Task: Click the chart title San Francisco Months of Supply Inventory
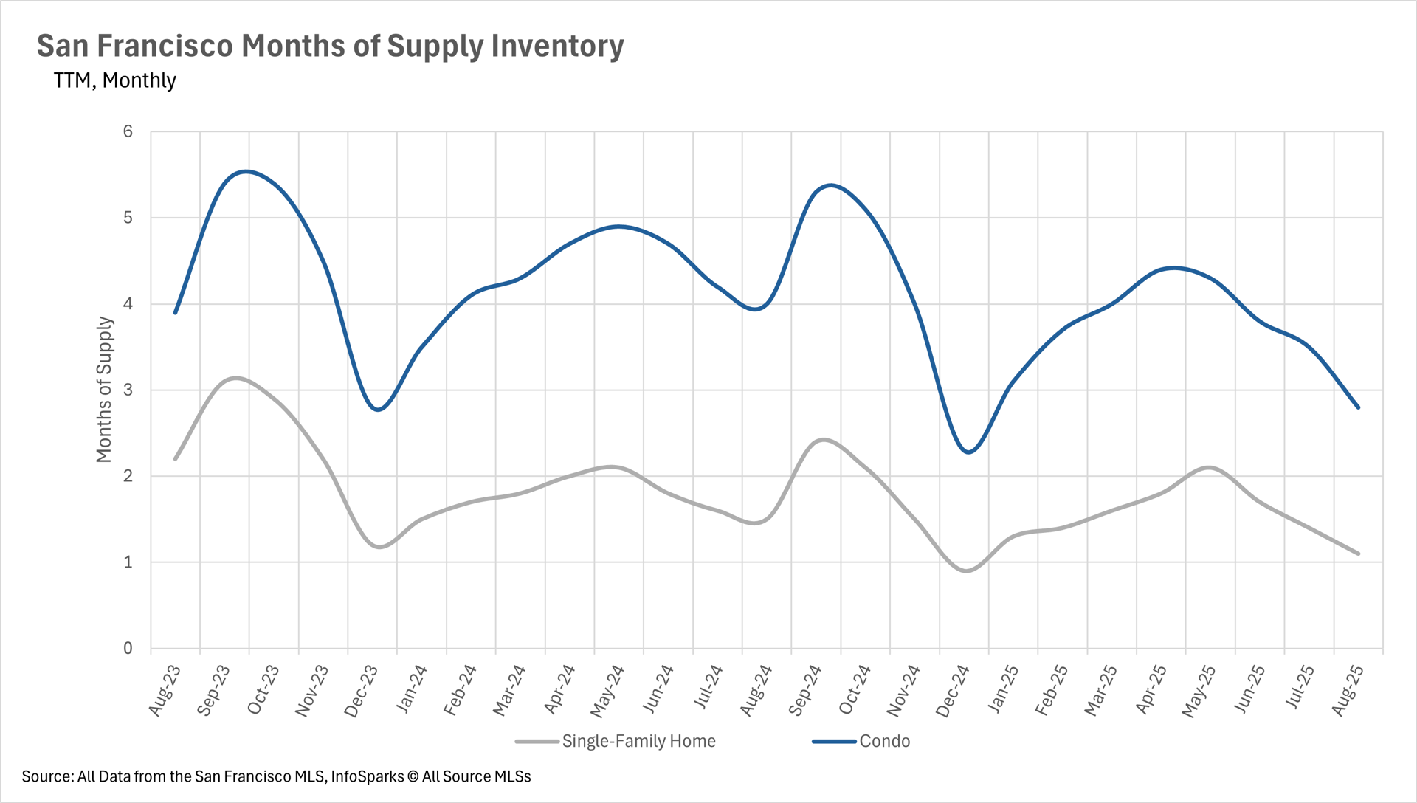tap(330, 46)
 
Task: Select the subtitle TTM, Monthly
tap(114, 80)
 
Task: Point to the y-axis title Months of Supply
tap(104, 390)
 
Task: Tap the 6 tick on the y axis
tap(128, 131)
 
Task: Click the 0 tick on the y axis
tap(128, 648)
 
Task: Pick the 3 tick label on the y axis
tap(128, 390)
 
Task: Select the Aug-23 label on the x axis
tap(165, 690)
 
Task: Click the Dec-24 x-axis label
tap(952, 691)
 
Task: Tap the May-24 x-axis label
tap(607, 691)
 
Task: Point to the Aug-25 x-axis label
tap(1347, 690)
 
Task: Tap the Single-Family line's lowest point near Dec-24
tap(967, 571)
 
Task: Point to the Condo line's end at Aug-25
tap(1358, 407)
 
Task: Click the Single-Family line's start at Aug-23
tap(176, 459)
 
